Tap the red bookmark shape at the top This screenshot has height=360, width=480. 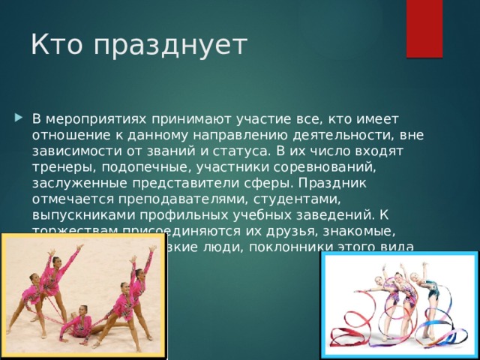tap(424, 27)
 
